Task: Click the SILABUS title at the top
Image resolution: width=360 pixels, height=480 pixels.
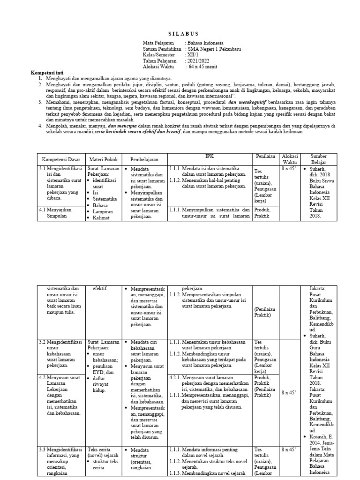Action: coord(183,34)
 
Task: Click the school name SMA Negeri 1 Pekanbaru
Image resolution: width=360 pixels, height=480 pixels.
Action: coord(214,49)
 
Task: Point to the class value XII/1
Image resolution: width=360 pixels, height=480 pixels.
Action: coord(193,55)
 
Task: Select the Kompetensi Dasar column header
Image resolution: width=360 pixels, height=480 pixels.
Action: coord(60,160)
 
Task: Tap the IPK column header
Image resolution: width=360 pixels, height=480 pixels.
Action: coord(209,156)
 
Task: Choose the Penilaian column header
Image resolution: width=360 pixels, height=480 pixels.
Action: coord(265,156)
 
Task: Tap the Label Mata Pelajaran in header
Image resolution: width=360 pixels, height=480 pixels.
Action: coord(158,43)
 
